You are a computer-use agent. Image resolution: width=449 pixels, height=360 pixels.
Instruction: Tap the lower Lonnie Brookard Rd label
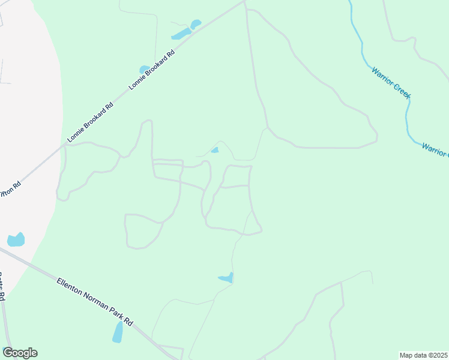coord(90,122)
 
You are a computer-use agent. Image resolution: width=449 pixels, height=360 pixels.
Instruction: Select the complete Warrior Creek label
coord(390,82)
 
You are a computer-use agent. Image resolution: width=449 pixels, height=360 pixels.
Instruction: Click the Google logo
coord(20,353)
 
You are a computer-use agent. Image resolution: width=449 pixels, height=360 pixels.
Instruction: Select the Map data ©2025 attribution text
coord(423,355)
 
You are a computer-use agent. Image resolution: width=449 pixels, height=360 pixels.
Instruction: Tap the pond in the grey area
coord(16,240)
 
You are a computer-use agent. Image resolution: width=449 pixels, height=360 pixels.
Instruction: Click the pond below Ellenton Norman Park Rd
coord(118,331)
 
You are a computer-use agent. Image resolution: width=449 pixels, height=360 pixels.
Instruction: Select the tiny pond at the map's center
coord(215,150)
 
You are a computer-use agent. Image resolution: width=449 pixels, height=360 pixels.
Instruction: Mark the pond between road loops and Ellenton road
coord(226,278)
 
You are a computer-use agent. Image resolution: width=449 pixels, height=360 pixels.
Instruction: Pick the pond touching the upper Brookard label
coord(145,70)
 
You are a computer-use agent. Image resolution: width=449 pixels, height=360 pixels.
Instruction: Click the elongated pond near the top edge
coord(181,34)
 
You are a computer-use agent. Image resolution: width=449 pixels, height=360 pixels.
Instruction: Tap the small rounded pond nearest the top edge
coord(196,25)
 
